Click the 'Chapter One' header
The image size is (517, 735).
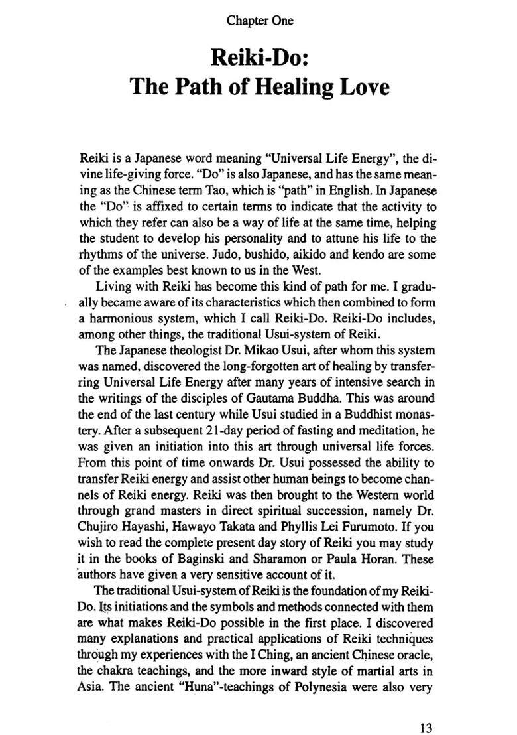point(260,21)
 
